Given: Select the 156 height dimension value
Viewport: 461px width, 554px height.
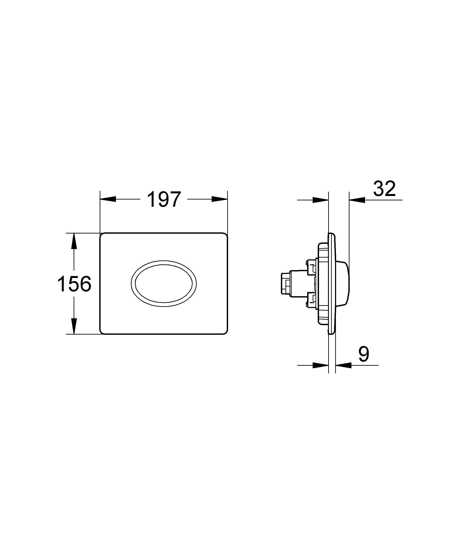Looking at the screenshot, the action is (74, 284).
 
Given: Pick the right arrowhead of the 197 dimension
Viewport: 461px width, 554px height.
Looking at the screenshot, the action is (219, 200).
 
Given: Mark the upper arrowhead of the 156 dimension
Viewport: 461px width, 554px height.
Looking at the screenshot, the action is (74, 241).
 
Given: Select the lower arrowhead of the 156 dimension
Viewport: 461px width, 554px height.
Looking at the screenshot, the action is (74, 326).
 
